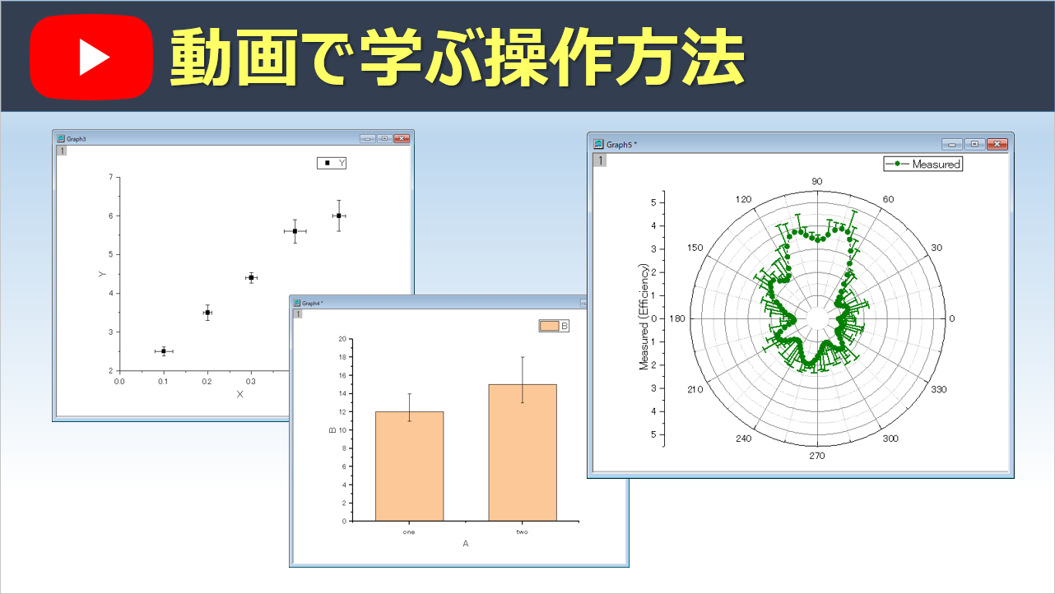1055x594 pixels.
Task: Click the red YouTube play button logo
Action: (x=91, y=58)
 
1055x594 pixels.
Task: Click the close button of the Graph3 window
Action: (x=402, y=138)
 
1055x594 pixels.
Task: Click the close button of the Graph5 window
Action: (x=997, y=144)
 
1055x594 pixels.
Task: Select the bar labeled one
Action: (x=409, y=466)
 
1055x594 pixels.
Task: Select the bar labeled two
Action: (x=523, y=452)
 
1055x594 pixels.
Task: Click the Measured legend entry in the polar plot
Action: (x=923, y=164)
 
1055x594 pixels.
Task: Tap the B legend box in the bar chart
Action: (x=554, y=326)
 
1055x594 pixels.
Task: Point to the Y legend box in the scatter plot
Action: (x=332, y=163)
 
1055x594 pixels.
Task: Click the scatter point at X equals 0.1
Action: (x=164, y=351)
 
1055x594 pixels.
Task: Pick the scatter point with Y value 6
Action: (x=338, y=216)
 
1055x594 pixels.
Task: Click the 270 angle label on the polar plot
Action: (x=817, y=456)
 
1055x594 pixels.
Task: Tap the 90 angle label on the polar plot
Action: (x=817, y=181)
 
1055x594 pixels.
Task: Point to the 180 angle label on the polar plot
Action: (x=677, y=318)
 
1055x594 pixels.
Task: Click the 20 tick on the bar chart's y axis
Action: (x=342, y=339)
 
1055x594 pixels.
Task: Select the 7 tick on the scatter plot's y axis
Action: (x=111, y=177)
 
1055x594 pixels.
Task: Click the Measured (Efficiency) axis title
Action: (x=644, y=316)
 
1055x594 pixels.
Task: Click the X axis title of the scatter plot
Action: (x=239, y=394)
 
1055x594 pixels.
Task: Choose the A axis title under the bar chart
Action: (x=465, y=544)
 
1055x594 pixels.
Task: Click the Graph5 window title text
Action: (x=621, y=145)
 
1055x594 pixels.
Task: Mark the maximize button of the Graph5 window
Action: (x=974, y=144)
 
